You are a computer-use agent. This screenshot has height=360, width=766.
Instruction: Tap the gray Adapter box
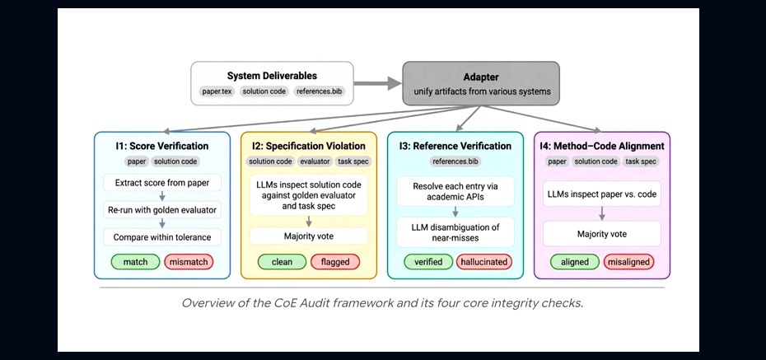coord(481,83)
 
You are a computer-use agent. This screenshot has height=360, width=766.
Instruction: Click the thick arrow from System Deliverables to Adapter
coord(377,83)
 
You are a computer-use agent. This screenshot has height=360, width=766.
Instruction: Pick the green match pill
coord(135,262)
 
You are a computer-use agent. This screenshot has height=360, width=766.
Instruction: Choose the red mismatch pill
coord(189,262)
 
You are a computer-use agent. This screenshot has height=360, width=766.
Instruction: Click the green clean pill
coord(282,262)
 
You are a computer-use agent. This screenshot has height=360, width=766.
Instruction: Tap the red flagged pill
coord(335,262)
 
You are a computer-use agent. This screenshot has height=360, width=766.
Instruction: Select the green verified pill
coord(428,262)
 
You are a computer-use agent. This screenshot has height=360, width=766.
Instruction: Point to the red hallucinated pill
coord(484,262)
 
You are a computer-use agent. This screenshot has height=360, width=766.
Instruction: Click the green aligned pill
coord(575,262)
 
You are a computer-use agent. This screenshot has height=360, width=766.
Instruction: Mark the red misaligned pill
coord(628,262)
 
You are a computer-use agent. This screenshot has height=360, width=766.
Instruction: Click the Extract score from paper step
coord(162,183)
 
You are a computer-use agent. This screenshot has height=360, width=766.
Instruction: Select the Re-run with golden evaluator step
coord(162,211)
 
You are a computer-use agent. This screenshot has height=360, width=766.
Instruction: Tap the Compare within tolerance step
coord(162,237)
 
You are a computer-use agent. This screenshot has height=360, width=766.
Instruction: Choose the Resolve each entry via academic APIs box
coord(455,191)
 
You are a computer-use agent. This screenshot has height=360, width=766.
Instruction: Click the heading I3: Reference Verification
coord(455,146)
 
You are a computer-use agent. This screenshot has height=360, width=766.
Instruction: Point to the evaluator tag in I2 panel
coord(315,161)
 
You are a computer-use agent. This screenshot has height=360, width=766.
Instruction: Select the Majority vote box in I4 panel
coord(602,234)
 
